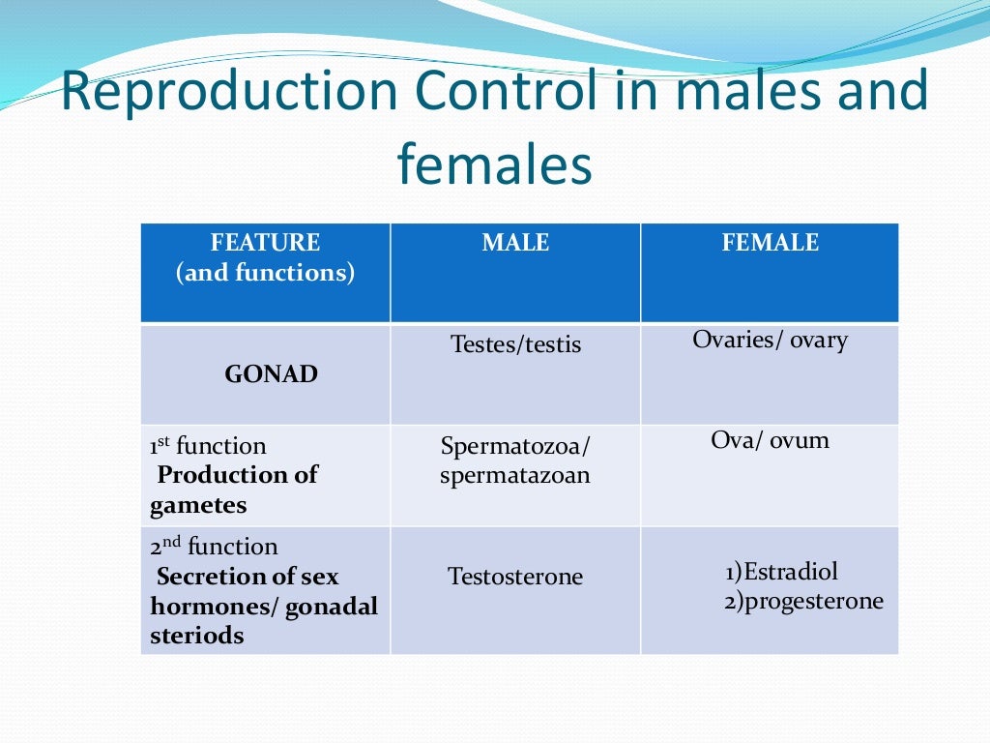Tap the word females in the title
pyautogui.click(x=494, y=165)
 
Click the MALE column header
pyautogui.click(x=515, y=243)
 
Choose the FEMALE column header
pyautogui.click(x=770, y=243)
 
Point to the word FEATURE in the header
pyautogui.click(x=265, y=243)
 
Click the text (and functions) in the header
pyautogui.click(x=265, y=273)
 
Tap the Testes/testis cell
pyautogui.click(x=515, y=344)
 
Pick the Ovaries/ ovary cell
pyautogui.click(x=770, y=341)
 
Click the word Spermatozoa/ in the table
pyautogui.click(x=515, y=447)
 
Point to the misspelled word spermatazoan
pyautogui.click(x=515, y=476)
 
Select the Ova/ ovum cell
pyautogui.click(x=770, y=441)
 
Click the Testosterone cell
pyautogui.click(x=515, y=578)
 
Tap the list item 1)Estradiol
pyautogui.click(x=781, y=571)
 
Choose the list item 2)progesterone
pyautogui.click(x=803, y=601)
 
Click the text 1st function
pyautogui.click(x=208, y=446)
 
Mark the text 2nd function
pyautogui.click(x=214, y=547)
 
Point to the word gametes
pyautogui.click(x=198, y=505)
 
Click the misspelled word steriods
pyautogui.click(x=197, y=636)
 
